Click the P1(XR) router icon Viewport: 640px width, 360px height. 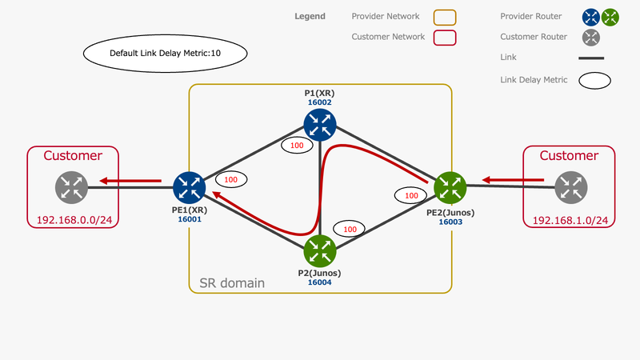(320, 125)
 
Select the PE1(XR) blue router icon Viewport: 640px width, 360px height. (190, 188)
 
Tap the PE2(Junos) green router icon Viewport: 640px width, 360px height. (450, 188)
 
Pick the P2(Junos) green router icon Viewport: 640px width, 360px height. (320, 251)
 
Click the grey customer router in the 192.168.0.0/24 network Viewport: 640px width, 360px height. (71, 187)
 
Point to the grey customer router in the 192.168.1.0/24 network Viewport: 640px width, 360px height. (571, 187)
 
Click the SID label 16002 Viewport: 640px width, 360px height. (319, 102)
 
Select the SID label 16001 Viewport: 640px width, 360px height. (190, 219)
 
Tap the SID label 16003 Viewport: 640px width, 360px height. (450, 222)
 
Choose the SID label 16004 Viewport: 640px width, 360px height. (319, 282)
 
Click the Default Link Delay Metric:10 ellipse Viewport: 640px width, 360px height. (166, 54)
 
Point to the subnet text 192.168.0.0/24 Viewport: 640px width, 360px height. (74, 220)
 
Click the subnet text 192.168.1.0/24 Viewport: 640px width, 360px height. (570, 221)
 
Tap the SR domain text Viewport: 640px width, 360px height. (232, 283)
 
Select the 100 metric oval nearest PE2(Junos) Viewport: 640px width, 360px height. (411, 195)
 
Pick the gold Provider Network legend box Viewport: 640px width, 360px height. (445, 18)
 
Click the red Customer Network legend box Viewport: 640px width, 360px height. (445, 38)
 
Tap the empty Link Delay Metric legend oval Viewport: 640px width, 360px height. (594, 81)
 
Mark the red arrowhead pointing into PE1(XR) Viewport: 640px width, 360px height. (217, 195)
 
